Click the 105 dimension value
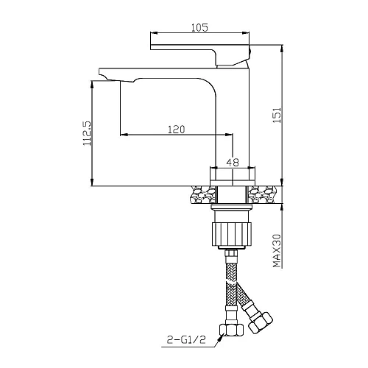[199, 27]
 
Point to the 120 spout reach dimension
[176, 129]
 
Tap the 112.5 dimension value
[85, 134]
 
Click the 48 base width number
[232, 163]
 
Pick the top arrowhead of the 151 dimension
[282, 45]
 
